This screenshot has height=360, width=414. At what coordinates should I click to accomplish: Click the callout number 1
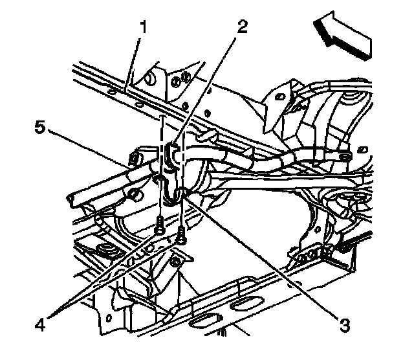tap(144, 28)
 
